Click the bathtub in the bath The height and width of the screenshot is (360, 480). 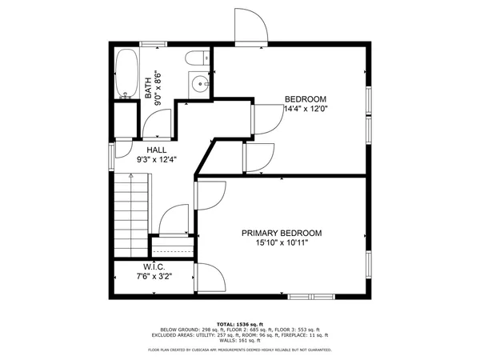point(126,74)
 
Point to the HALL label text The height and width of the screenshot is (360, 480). point(156,150)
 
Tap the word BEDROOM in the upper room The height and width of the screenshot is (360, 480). point(306,99)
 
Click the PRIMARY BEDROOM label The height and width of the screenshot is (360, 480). point(282,234)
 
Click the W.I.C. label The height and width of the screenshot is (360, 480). point(154,266)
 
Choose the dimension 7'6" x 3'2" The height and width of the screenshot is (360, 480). point(154,276)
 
